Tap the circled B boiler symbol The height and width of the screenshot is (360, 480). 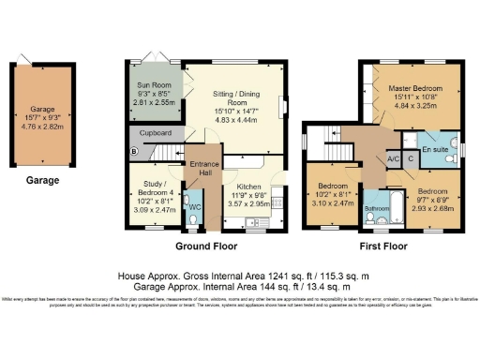pyautogui.click(x=132, y=151)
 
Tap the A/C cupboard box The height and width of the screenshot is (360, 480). pyautogui.click(x=394, y=160)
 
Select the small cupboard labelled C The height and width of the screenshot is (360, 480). pyautogui.click(x=410, y=160)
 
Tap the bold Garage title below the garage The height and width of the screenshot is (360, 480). pyautogui.click(x=41, y=180)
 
